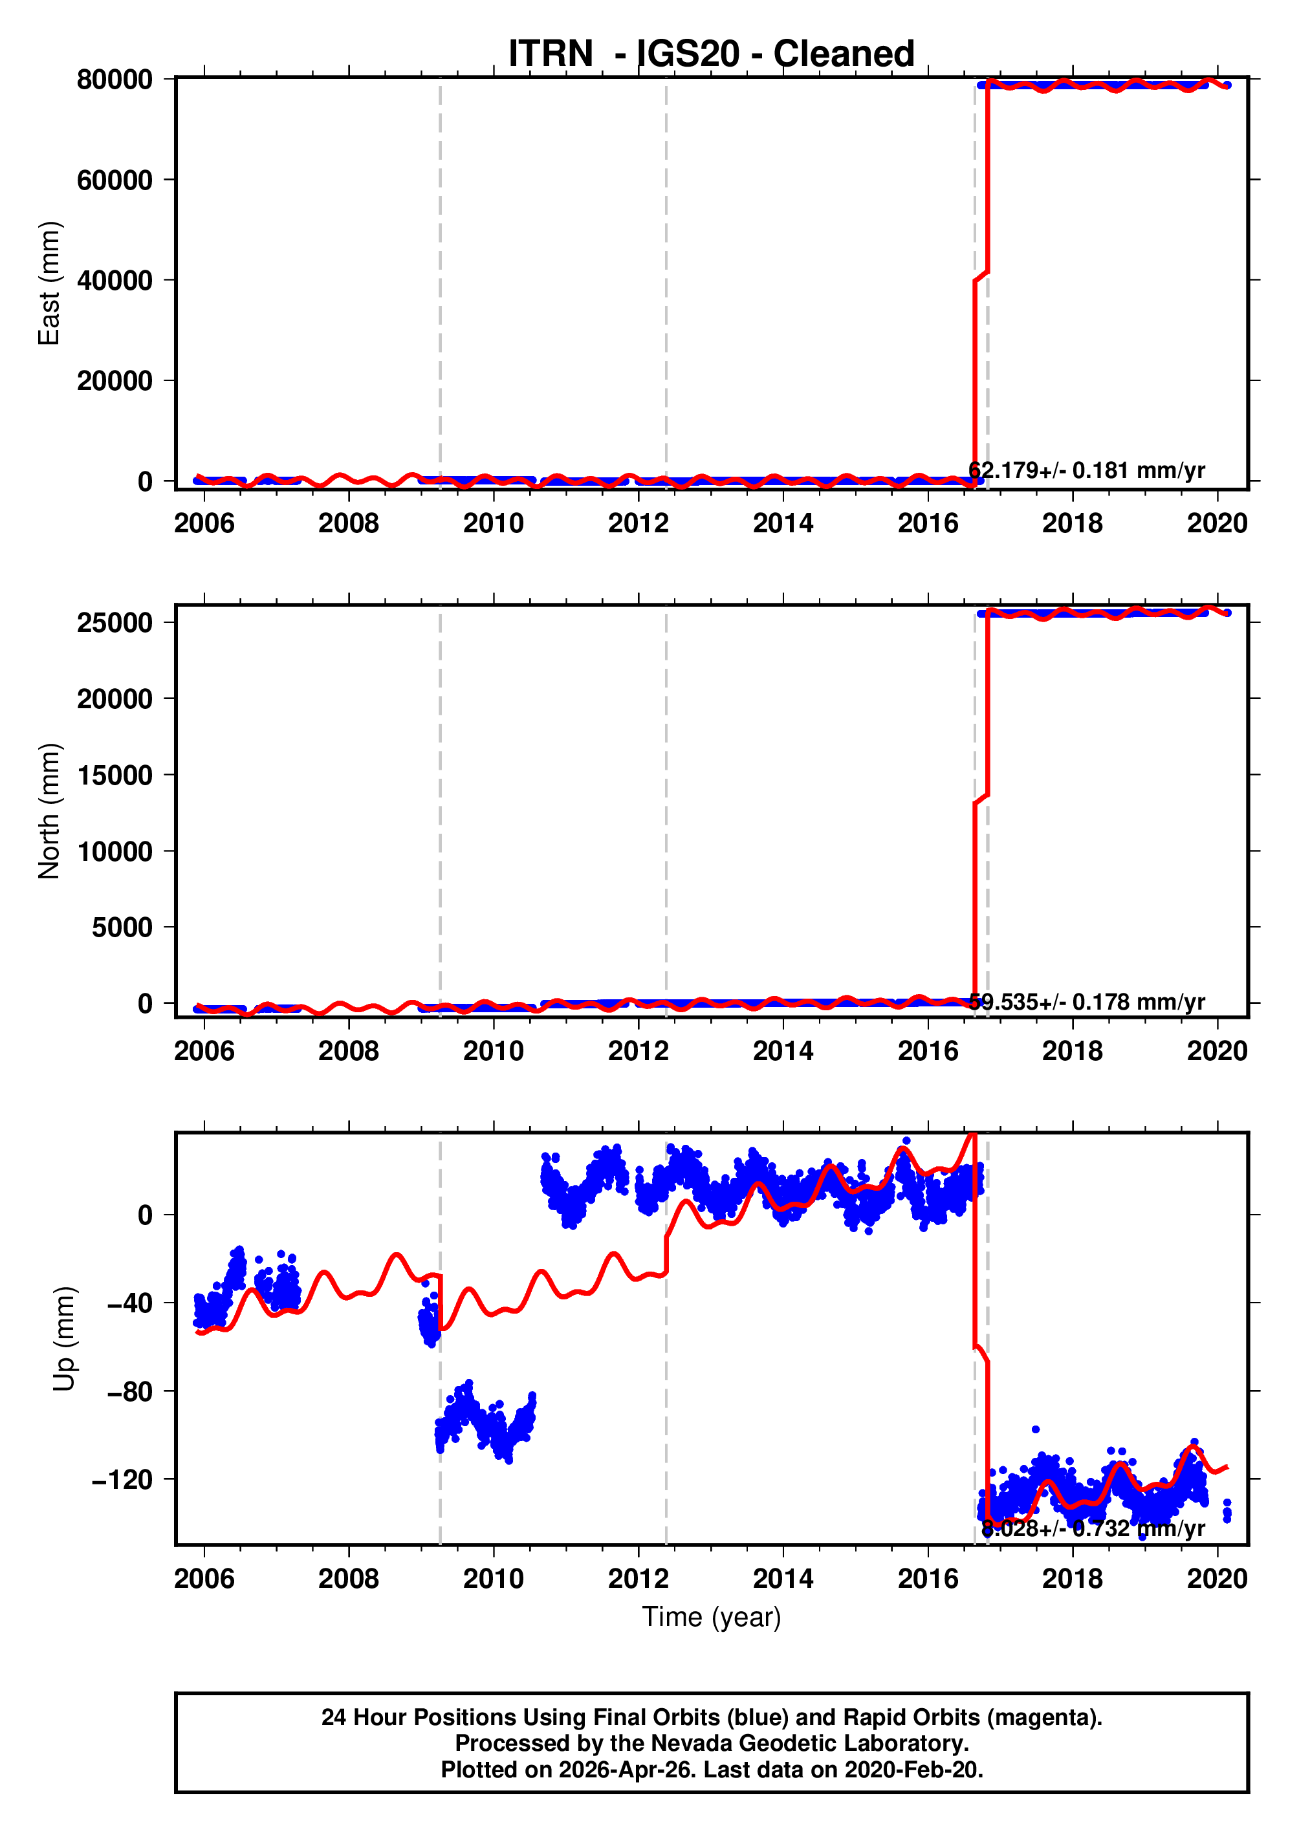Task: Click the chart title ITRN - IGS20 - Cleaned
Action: pos(711,54)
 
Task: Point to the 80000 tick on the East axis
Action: pos(115,80)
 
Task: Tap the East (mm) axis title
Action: pos(50,283)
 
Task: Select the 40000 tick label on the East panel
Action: pos(115,281)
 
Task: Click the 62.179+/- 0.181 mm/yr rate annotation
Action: pos(1086,470)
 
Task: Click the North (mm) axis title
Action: pos(50,811)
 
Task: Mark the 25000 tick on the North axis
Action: pos(115,622)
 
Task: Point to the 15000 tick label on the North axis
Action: pos(115,775)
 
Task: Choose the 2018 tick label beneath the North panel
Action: pos(1072,1051)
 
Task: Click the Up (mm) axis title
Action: pos(64,1339)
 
